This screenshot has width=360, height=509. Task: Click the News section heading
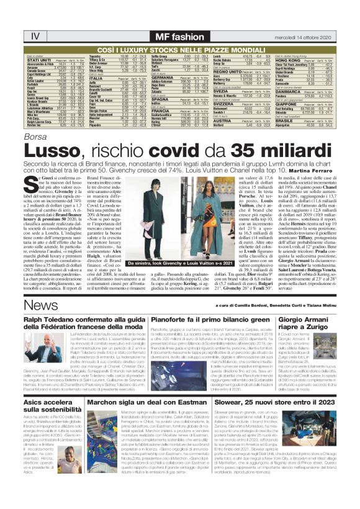(26, 325)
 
